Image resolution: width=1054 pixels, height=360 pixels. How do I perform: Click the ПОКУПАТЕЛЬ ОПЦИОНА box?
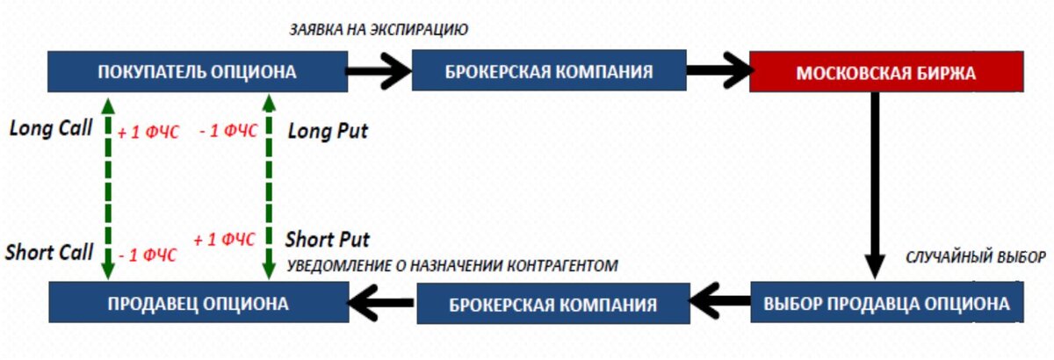[197, 72]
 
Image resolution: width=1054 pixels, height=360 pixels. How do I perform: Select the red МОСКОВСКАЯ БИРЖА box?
[885, 72]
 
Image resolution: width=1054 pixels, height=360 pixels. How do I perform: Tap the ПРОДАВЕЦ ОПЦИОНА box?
[197, 304]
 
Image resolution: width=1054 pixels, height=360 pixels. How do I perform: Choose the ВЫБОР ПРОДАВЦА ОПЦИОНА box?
[885, 304]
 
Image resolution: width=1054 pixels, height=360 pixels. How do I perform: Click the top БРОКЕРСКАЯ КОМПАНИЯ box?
[550, 72]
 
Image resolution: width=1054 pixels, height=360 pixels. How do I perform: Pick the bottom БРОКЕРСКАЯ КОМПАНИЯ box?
[552, 305]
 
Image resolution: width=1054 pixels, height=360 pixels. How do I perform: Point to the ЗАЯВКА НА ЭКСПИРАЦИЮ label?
[379, 29]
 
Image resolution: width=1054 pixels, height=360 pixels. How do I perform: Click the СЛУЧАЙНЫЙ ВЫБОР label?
[975, 258]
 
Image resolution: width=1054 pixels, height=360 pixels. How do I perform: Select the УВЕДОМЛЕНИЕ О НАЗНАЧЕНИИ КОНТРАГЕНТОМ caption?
[452, 264]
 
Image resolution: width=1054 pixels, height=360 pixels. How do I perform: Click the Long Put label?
[328, 132]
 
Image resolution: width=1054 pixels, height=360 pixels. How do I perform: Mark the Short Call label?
[49, 253]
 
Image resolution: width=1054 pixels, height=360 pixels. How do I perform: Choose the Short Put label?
[328, 239]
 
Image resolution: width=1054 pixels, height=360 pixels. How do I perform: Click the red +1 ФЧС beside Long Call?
[148, 133]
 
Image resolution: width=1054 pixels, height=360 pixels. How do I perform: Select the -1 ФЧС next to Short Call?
[148, 256]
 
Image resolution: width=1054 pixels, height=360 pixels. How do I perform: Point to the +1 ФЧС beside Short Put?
[225, 239]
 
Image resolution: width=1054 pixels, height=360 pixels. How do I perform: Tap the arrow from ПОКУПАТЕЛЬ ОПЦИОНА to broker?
[378, 70]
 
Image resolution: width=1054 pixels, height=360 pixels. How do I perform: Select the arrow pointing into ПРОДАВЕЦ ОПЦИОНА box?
[381, 303]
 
